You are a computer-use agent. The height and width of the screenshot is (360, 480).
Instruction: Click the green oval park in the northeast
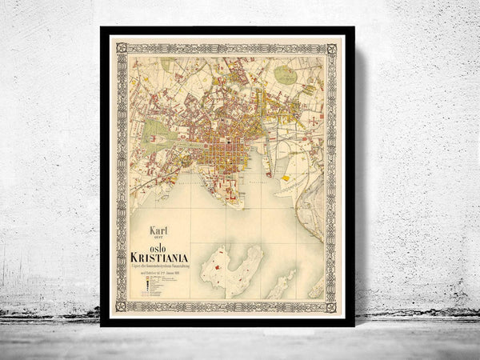(285, 74)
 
